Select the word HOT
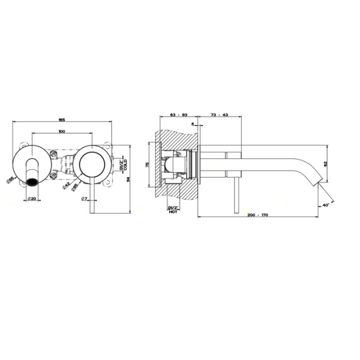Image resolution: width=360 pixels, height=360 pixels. (x=173, y=211)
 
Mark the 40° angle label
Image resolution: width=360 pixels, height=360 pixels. (x=325, y=205)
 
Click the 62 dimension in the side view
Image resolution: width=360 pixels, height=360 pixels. (x=326, y=163)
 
